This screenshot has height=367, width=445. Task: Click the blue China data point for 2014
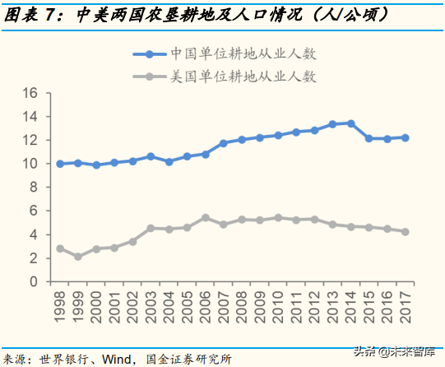(x=350, y=123)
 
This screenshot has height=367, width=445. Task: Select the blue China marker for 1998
(x=60, y=164)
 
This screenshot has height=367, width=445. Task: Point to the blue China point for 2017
(x=405, y=137)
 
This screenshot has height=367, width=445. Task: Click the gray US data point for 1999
(x=78, y=257)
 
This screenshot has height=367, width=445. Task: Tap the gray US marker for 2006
(x=205, y=218)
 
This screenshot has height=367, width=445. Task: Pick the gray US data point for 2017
(x=405, y=232)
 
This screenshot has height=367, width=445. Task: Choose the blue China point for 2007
(x=224, y=143)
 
